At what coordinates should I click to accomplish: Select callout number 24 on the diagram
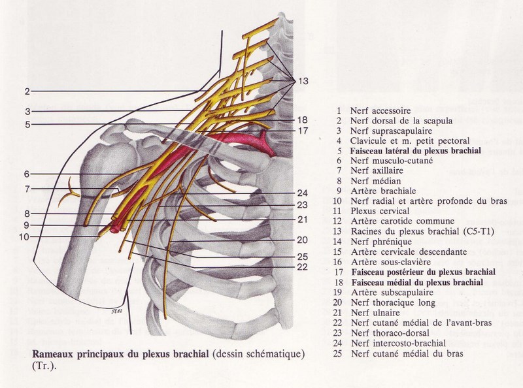point(301,193)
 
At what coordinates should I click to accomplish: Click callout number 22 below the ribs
point(301,266)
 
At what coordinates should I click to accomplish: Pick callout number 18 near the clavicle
point(301,120)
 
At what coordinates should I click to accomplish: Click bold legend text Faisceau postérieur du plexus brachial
point(421,272)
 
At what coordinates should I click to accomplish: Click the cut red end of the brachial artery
point(118,228)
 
